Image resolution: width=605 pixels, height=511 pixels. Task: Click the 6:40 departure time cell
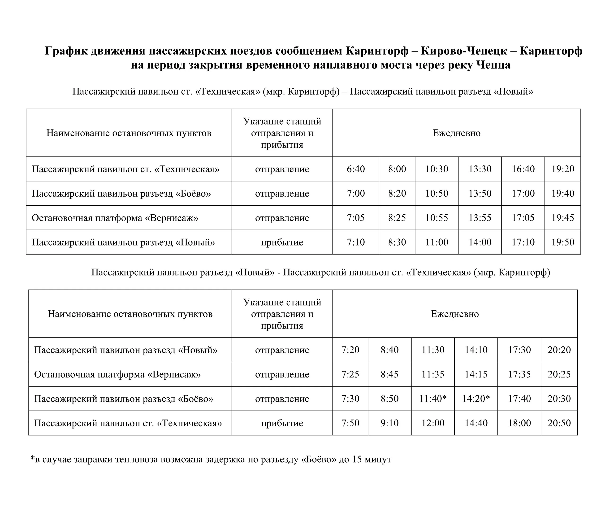(356, 169)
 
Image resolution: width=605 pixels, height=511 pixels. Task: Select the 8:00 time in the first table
(397, 169)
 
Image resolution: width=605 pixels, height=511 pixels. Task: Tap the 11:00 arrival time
(436, 242)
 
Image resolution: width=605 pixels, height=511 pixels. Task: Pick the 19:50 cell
(562, 242)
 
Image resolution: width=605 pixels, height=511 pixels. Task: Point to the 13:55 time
(480, 218)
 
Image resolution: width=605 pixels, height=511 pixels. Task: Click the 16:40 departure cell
(523, 169)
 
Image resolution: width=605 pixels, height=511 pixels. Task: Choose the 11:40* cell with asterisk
(433, 398)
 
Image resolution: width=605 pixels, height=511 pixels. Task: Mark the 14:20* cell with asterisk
(476, 398)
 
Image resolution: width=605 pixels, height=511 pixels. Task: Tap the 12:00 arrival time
(433, 423)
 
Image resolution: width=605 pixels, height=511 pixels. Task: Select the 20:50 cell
(559, 423)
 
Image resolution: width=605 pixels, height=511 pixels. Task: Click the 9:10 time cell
(389, 423)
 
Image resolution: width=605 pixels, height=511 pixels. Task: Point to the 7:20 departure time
(350, 350)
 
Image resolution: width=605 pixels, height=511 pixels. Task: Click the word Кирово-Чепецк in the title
(464, 51)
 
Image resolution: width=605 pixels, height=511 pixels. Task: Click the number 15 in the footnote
(357, 459)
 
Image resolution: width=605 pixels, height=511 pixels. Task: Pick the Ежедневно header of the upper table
(456, 133)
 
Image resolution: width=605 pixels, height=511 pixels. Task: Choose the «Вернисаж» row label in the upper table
(115, 218)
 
